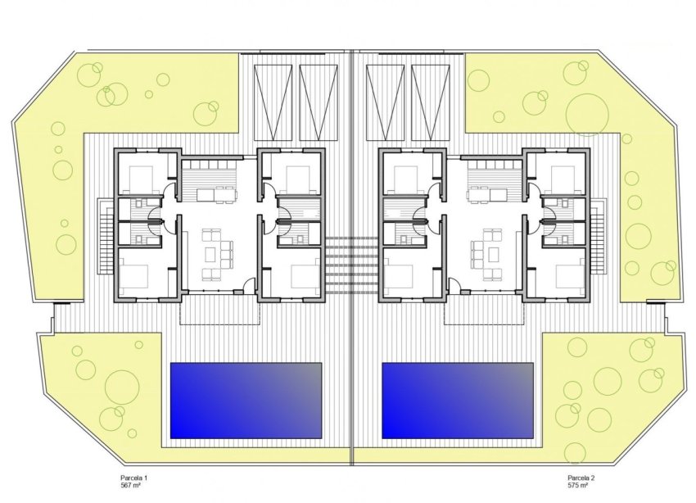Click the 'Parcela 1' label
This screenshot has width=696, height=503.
pos(134,477)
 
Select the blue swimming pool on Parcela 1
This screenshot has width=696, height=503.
pos(245,400)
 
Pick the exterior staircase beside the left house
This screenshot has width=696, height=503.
pos(104,237)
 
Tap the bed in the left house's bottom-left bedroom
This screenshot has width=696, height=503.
pos(139,276)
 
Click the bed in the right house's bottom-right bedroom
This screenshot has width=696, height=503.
pos(564,276)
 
